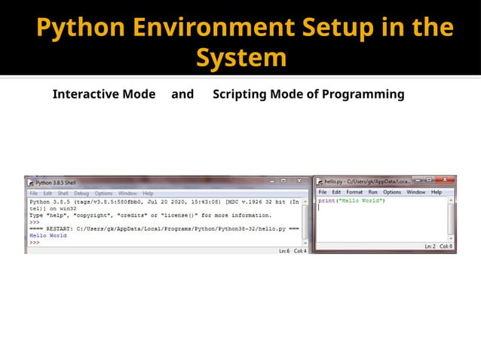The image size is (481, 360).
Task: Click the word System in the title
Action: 241,57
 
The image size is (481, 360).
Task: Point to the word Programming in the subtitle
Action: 363,94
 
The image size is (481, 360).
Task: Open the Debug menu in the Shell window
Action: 81,194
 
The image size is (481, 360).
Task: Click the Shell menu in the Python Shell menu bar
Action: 63,194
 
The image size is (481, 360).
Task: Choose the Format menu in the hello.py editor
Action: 354,192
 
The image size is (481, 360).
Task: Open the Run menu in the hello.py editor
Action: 372,192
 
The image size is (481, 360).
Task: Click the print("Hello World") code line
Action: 351,201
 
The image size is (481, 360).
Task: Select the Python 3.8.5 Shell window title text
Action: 56,182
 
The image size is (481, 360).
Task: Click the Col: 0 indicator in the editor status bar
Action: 446,246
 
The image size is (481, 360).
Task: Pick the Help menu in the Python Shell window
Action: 148,194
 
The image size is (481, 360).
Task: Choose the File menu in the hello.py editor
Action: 323,192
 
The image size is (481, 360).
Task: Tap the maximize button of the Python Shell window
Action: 284,182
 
